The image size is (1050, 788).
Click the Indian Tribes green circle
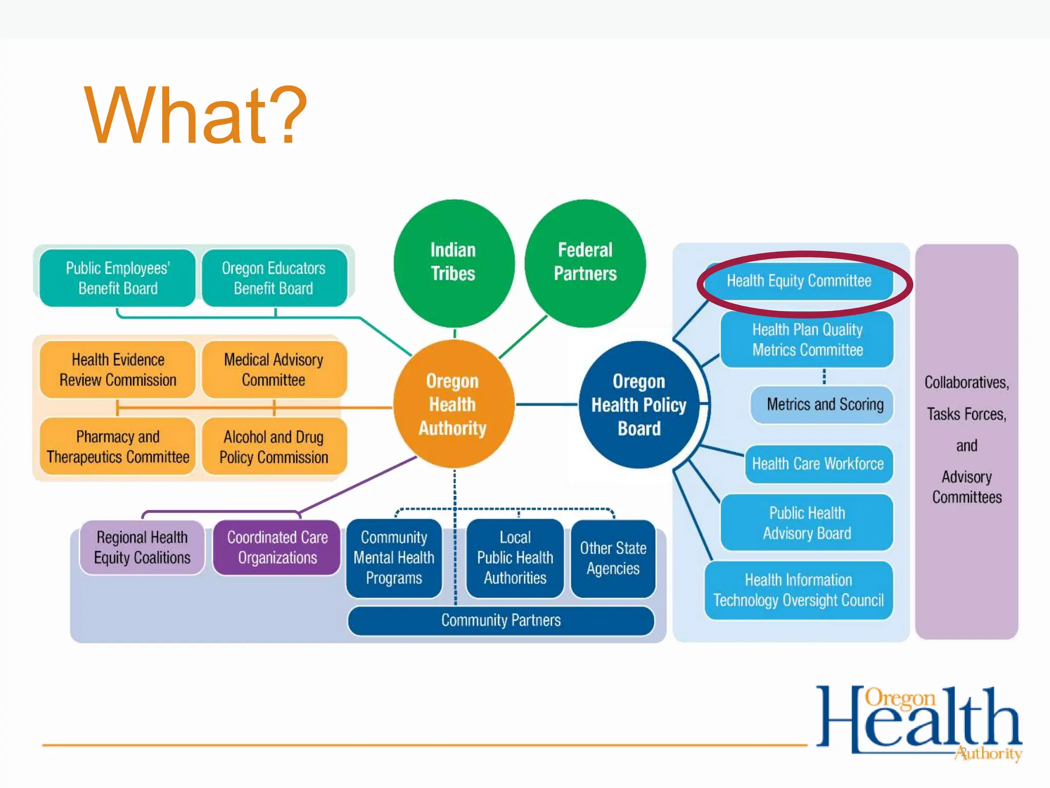click(x=453, y=262)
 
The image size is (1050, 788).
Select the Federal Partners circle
click(x=585, y=262)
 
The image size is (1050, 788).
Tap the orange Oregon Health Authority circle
click(x=453, y=404)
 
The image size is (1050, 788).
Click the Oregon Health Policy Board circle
click(x=639, y=405)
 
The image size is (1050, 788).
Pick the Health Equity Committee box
click(x=799, y=281)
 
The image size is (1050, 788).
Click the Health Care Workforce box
click(x=818, y=464)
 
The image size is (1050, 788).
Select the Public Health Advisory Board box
click(x=806, y=523)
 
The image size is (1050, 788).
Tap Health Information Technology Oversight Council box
click(x=798, y=590)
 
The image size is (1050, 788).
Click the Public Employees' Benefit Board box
click(x=117, y=278)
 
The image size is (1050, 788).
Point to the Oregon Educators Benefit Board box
click(x=274, y=278)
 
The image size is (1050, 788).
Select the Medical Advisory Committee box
click(x=274, y=369)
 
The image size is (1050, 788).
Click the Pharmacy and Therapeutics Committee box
click(x=117, y=446)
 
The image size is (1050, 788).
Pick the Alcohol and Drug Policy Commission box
click(x=274, y=446)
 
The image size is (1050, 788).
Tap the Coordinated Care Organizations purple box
click(x=277, y=547)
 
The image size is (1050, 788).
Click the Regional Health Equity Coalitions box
click(x=142, y=547)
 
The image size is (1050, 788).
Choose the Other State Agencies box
click(x=613, y=558)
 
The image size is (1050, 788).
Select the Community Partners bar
click(x=500, y=620)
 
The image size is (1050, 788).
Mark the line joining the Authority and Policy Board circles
click(x=547, y=405)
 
